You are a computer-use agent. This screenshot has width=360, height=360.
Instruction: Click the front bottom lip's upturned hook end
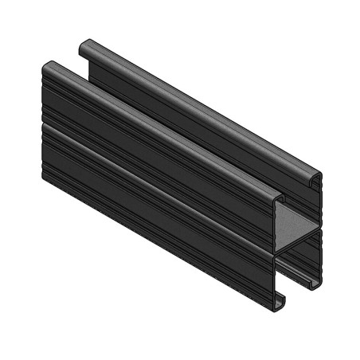(279, 301)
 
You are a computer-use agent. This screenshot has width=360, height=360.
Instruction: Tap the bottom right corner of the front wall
(275, 307)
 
